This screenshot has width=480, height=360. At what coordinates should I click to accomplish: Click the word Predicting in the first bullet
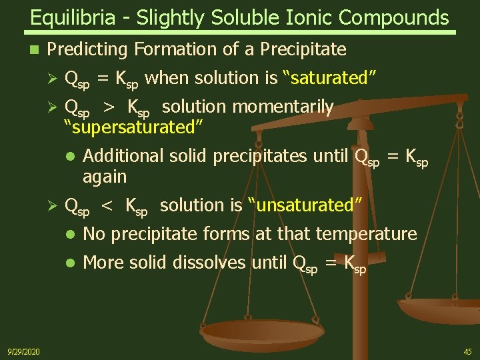89,49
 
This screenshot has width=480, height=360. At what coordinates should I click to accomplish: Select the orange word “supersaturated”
133,126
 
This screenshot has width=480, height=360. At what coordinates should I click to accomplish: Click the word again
105,177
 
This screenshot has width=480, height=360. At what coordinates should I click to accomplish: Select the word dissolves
209,263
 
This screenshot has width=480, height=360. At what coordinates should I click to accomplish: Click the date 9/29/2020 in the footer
23,351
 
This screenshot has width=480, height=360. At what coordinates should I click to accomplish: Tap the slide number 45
467,351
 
